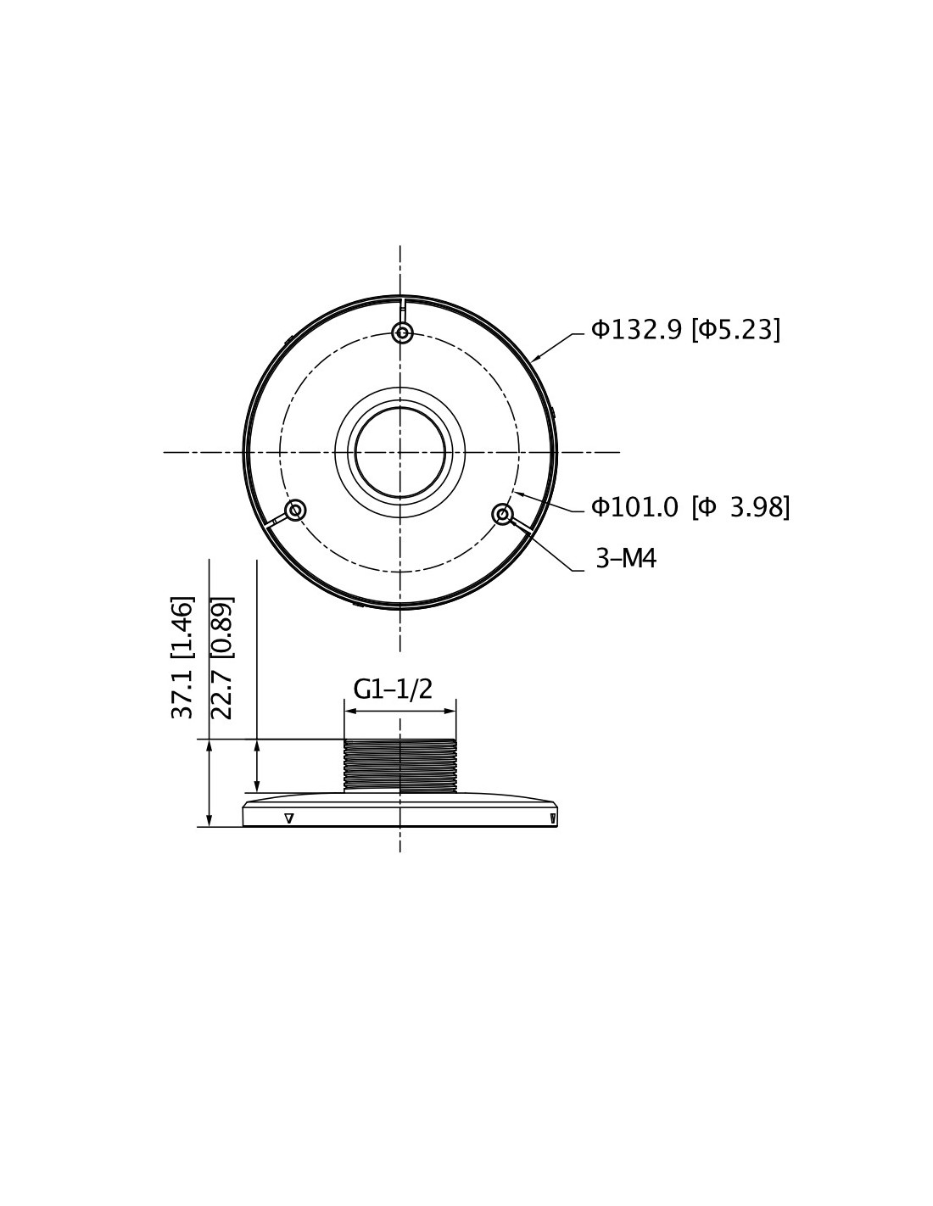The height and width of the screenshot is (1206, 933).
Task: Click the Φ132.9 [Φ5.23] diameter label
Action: coord(685,330)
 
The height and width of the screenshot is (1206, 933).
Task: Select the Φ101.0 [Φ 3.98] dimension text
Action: coord(690,506)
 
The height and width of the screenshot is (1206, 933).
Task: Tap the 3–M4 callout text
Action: coord(625,558)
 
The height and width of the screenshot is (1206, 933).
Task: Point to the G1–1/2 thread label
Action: coord(393,690)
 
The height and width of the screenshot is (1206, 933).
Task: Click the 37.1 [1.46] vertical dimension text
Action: coord(182,657)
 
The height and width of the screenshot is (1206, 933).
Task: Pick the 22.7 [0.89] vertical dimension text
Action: coord(222,657)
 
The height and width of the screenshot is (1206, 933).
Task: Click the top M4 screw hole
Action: coord(402,333)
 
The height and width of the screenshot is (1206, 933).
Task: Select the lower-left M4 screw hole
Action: coord(295,510)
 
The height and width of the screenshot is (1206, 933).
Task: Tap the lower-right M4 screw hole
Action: coord(502,514)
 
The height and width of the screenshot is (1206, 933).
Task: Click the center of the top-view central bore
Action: coord(399,452)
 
